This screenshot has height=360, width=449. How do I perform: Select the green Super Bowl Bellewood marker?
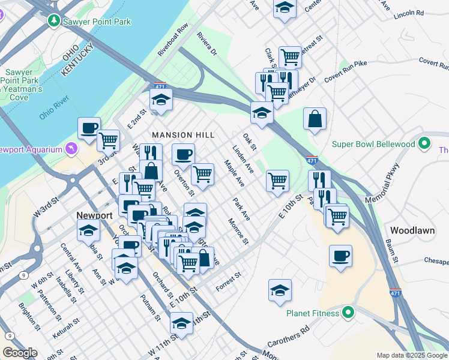[x=425, y=144]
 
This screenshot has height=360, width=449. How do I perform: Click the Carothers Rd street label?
[x=288, y=338]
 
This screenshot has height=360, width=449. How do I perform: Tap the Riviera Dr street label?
[x=207, y=43]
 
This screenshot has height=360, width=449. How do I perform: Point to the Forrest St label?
[x=229, y=280]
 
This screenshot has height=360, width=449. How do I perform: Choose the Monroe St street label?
[x=238, y=232]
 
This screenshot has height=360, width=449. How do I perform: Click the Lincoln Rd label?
[x=409, y=13]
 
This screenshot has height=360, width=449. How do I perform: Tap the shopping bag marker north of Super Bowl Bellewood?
[x=315, y=119]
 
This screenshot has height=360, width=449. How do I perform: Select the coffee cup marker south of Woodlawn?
[x=340, y=256]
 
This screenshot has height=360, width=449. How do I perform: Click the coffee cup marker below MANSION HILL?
[x=183, y=154]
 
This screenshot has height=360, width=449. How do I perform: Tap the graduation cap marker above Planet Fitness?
[x=280, y=290]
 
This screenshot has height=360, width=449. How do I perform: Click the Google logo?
[x=20, y=353]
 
